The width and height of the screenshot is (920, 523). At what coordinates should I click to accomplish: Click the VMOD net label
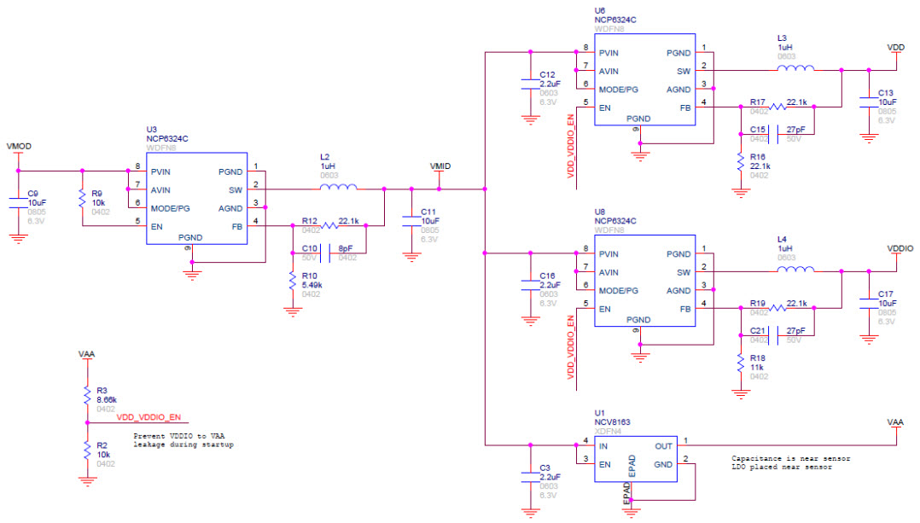click(19, 147)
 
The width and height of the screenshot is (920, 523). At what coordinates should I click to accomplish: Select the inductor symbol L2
click(338, 189)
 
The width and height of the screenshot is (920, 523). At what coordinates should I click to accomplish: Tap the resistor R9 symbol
click(82, 198)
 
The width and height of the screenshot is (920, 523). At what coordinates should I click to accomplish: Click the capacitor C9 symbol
click(19, 202)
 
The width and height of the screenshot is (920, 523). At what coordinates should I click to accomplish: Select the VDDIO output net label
click(900, 247)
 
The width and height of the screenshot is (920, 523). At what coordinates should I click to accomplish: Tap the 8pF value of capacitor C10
click(346, 248)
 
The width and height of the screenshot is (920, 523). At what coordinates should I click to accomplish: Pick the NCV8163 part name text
click(614, 422)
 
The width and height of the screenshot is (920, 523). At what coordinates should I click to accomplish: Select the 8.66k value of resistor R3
click(107, 398)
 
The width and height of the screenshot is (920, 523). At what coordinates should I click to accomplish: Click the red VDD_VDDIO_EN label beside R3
click(149, 417)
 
